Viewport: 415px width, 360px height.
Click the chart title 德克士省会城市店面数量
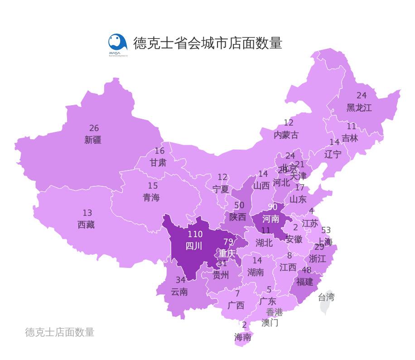[x=207, y=43]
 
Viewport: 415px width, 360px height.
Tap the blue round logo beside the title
[x=117, y=43]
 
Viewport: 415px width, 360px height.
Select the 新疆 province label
[x=93, y=140]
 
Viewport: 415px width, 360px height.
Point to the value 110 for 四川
[x=195, y=234]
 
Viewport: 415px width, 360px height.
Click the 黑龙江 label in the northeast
[x=359, y=108]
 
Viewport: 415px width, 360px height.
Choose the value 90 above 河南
[x=272, y=207]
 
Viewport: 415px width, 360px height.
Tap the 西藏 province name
[x=86, y=224]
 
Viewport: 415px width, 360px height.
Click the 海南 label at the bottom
[x=243, y=337]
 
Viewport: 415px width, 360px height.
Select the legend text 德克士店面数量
[x=59, y=332]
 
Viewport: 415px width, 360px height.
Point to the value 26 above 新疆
[x=94, y=128]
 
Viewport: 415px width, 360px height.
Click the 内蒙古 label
[x=286, y=135]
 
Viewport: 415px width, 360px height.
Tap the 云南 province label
[x=179, y=292]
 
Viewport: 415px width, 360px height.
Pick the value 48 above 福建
[x=306, y=270]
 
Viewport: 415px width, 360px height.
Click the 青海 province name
[x=151, y=198]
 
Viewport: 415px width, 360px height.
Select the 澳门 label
[x=270, y=323]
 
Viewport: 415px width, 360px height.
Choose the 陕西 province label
[x=237, y=217]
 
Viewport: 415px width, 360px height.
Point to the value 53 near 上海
[x=326, y=230]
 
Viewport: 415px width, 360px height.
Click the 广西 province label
[x=236, y=306]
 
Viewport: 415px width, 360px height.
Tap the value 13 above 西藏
[x=87, y=213]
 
